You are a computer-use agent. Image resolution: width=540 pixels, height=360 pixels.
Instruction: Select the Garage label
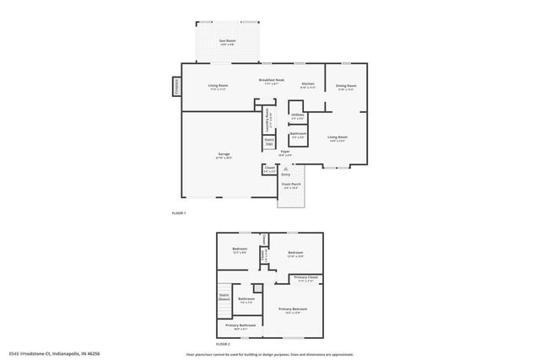[224, 154]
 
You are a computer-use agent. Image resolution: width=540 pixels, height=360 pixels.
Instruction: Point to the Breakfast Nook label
[272, 80]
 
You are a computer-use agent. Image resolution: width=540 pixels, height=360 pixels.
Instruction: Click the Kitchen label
[308, 85]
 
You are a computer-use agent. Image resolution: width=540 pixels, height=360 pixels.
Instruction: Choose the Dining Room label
[346, 86]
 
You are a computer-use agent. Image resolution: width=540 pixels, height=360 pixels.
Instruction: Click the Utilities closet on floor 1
[297, 116]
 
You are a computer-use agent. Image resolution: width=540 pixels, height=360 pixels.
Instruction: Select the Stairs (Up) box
[269, 143]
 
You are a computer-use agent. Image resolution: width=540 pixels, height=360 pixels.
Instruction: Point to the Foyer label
[286, 153]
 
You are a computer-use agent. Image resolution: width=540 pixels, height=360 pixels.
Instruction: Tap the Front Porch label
[290, 185]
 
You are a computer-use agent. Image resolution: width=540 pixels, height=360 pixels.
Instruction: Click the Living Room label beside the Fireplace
[219, 86]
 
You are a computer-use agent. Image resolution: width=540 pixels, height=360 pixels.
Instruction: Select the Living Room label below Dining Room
[337, 138]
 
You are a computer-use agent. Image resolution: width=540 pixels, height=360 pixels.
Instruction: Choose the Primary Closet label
[306, 278]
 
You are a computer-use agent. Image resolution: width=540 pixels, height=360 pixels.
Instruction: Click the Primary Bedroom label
[293, 310]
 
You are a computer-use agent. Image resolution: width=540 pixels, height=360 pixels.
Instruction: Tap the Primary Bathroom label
[240, 325]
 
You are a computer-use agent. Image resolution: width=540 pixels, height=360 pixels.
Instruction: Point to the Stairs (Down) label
[224, 297]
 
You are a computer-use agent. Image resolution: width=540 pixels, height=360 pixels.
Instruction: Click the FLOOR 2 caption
[223, 345]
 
